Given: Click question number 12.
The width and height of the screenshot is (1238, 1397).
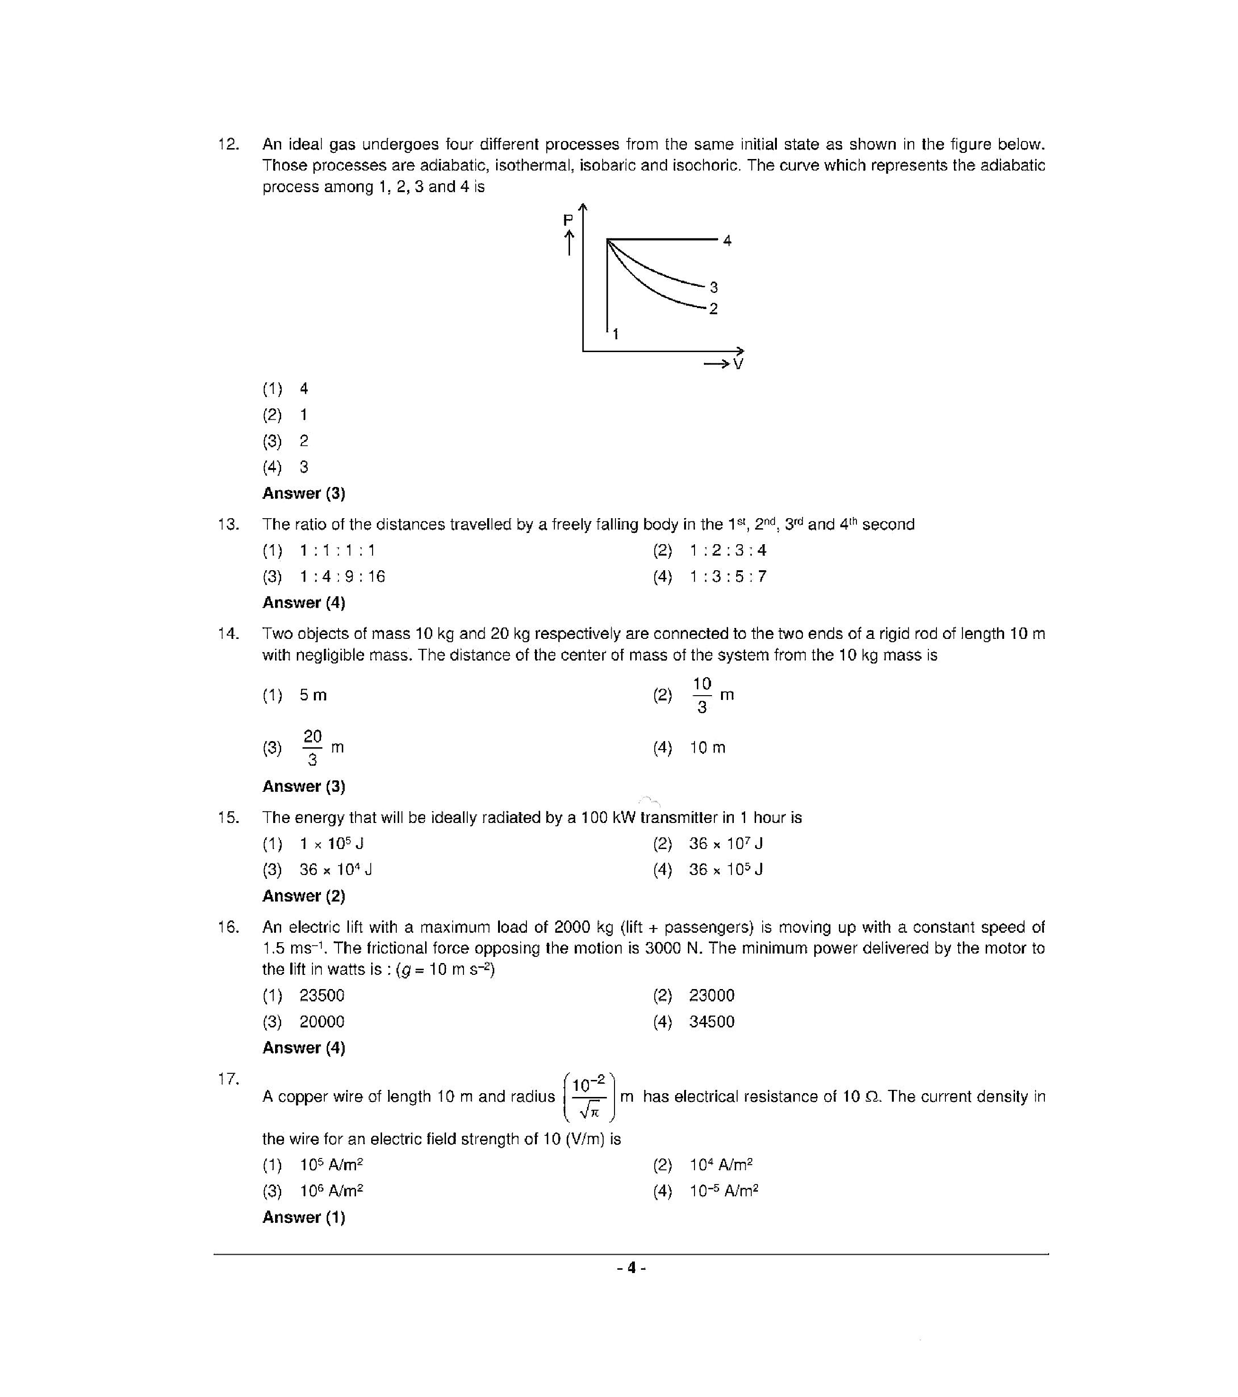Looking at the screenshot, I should point(228,144).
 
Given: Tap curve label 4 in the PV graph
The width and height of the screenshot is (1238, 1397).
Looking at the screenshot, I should point(727,240).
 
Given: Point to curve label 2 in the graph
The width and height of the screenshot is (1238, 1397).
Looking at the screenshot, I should point(713,309).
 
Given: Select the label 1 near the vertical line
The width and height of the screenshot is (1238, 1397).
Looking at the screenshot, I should point(615,334).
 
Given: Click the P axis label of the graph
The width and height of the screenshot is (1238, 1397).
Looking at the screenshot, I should point(567,220).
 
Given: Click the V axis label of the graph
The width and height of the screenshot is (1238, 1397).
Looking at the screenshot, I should point(738,364).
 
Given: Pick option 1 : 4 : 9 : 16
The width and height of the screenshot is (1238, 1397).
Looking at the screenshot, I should point(342,577).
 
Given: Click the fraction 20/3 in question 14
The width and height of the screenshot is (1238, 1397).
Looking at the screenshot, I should point(312,747).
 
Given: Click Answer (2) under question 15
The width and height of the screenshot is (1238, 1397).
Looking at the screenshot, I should point(303,896).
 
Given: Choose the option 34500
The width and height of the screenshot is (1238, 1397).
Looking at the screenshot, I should point(711,1022).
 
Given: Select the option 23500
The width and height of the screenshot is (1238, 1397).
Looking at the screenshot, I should point(321,996).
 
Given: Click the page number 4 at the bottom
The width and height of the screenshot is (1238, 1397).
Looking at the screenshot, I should point(631,1268).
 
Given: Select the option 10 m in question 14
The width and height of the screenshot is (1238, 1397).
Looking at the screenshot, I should point(707,748).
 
